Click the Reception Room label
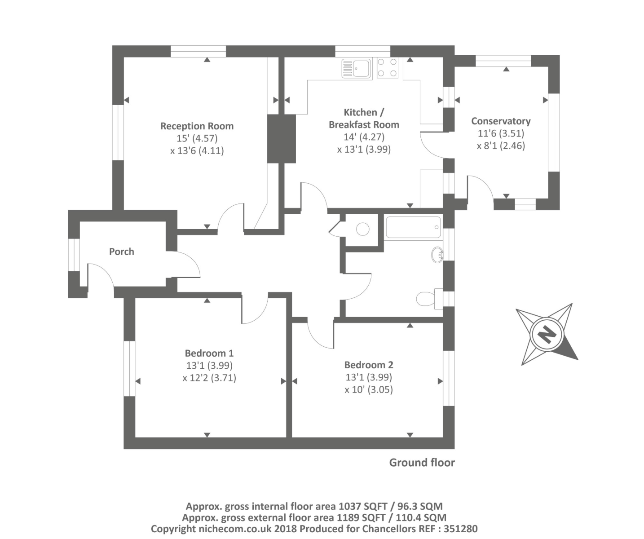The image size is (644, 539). pyautogui.click(x=197, y=126)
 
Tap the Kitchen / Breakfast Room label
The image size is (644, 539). pyautogui.click(x=364, y=119)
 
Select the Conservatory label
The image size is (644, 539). pyautogui.click(x=501, y=121)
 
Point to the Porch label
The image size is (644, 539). pyautogui.click(x=122, y=252)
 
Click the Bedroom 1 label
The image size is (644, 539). pyautogui.click(x=209, y=353)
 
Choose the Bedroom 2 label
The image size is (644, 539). pyautogui.click(x=369, y=365)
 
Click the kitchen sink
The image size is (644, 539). pyautogui.click(x=356, y=68)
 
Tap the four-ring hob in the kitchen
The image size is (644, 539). pyautogui.click(x=387, y=68)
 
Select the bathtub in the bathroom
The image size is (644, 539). pyautogui.click(x=413, y=228)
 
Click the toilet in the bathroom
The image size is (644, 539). pyautogui.click(x=426, y=298)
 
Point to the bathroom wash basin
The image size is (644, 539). pyautogui.click(x=437, y=255)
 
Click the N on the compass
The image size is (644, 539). pyautogui.click(x=546, y=334)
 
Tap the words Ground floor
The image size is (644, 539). pyautogui.click(x=422, y=463)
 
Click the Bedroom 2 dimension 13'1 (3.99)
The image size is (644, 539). pyautogui.click(x=369, y=377)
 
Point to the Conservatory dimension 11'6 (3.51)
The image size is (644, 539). pyautogui.click(x=501, y=133)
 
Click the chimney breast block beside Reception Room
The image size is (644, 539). pyautogui.click(x=282, y=138)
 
